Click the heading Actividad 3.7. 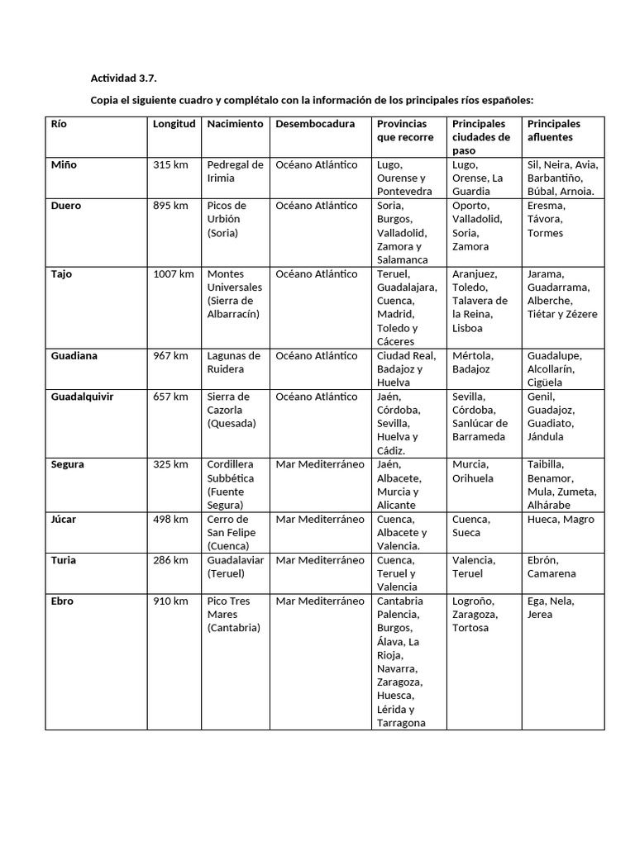123,78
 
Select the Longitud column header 174,124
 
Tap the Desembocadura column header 315,124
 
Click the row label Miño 64,164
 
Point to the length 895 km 170,206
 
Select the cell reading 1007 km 174,273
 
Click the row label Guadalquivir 83,397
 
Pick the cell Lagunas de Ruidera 235,363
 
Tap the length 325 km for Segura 170,464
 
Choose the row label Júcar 64,520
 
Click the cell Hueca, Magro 561,520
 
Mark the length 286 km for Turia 170,560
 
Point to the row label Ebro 62,601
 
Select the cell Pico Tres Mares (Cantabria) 234,614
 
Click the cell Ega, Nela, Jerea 551,607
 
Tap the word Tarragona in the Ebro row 401,723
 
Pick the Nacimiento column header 235,124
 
